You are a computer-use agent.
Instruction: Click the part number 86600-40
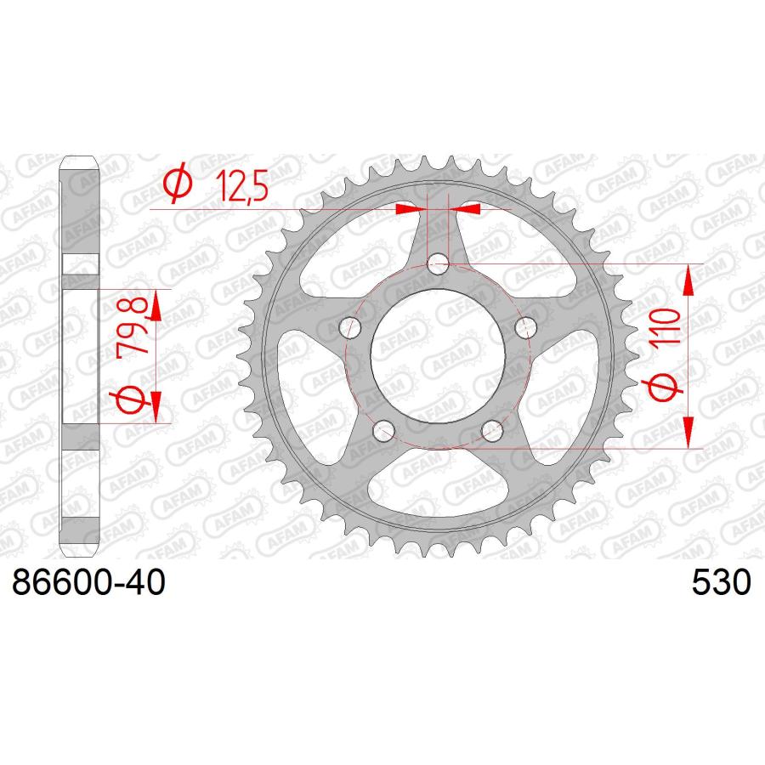(x=88, y=582)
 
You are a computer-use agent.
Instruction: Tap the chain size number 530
(x=721, y=582)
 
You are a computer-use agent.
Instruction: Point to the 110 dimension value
(x=666, y=328)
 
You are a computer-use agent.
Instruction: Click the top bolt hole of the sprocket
(x=438, y=265)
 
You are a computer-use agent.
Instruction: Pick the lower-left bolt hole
(x=383, y=431)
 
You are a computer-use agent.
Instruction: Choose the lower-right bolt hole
(x=492, y=431)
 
